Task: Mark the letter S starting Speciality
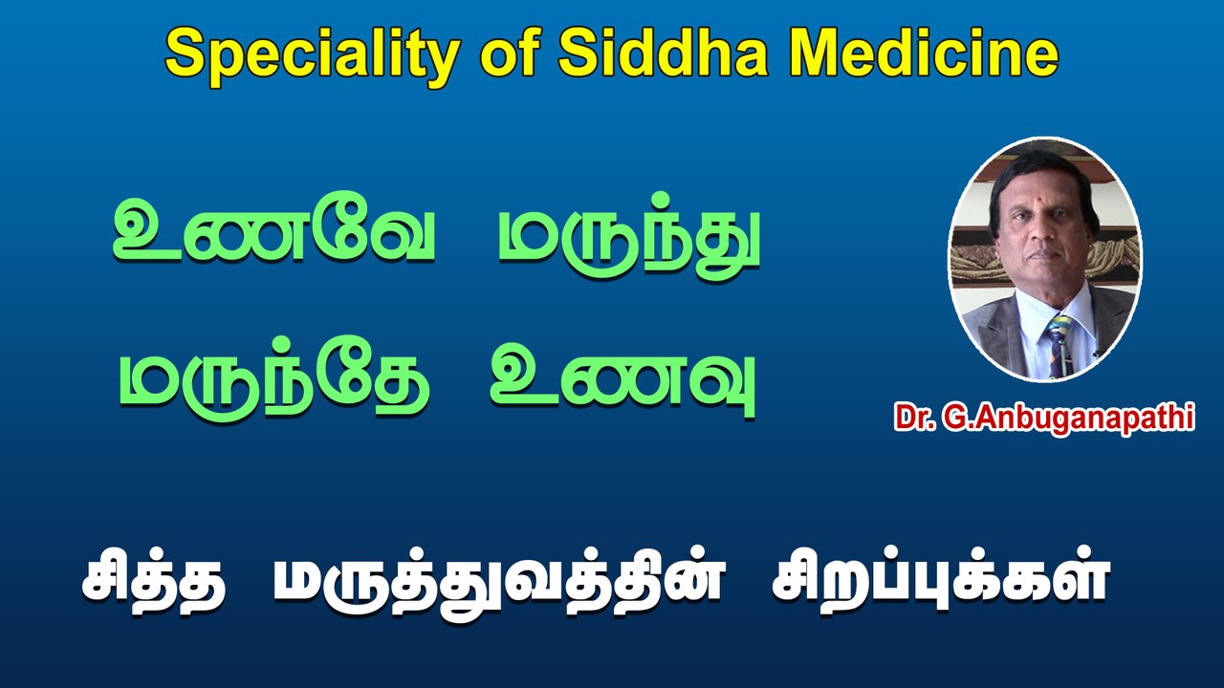pyautogui.click(x=184, y=54)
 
